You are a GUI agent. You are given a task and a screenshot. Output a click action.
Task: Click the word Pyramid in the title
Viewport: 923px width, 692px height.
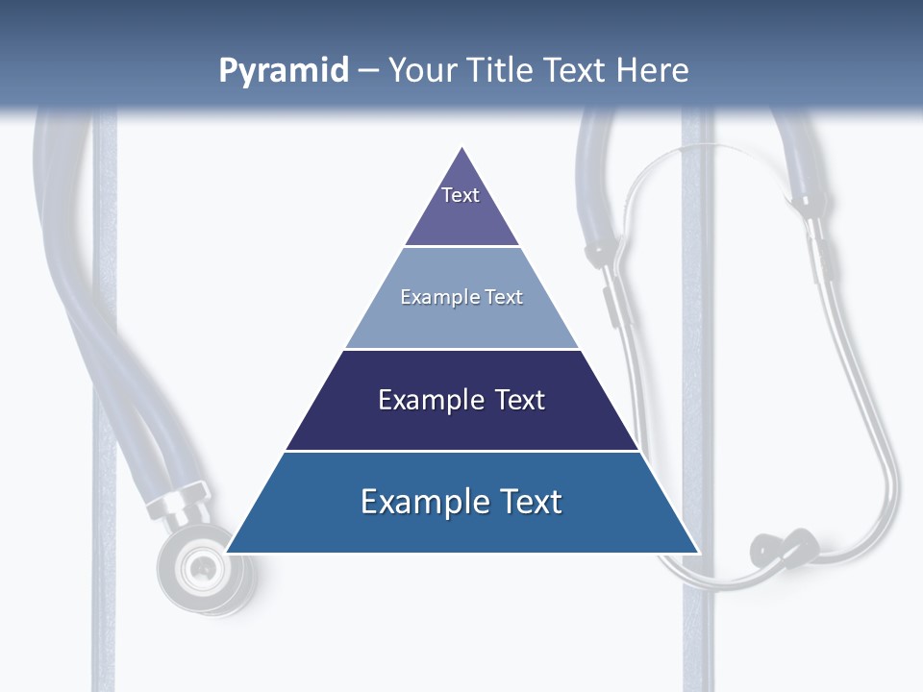[x=283, y=70]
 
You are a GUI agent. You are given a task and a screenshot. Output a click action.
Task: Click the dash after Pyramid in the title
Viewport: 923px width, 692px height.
[x=368, y=70]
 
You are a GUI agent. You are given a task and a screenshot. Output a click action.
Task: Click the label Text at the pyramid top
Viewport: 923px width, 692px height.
[x=461, y=195]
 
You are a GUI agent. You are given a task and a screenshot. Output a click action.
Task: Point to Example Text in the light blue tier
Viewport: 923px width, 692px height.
[x=461, y=297]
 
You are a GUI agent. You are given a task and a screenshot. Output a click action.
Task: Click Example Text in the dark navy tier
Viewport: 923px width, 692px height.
[x=461, y=400]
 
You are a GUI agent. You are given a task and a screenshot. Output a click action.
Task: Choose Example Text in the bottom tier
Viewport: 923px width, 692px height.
[x=461, y=502]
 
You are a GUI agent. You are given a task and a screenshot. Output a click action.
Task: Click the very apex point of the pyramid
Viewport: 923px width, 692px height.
[x=462, y=148]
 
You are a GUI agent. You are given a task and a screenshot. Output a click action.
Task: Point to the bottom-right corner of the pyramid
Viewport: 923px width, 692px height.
[x=697, y=552]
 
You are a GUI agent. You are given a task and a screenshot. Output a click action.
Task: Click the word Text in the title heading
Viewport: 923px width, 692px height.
[x=577, y=70]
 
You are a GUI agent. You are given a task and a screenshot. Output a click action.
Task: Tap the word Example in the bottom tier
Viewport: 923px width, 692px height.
[x=413, y=502]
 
